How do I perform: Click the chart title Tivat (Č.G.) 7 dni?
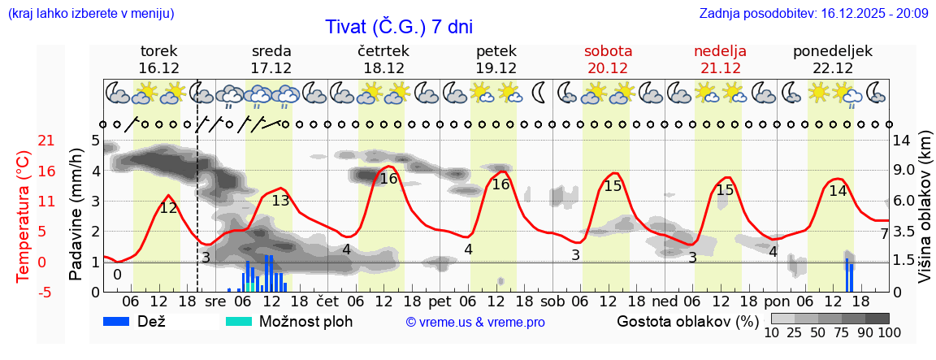tap(398, 27)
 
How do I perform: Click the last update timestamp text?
tap(813, 13)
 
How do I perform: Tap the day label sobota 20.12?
tap(608, 59)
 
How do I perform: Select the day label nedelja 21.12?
tap(720, 59)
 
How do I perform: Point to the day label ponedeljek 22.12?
tap(833, 59)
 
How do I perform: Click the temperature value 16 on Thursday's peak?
tap(389, 179)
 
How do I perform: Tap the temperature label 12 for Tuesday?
tap(168, 208)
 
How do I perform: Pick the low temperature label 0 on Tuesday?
tap(117, 275)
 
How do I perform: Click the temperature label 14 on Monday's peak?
tap(838, 191)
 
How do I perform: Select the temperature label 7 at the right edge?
tap(885, 234)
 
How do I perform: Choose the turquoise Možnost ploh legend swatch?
tap(239, 321)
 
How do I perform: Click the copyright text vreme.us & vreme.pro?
tap(475, 322)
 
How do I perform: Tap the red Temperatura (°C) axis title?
tap(24, 216)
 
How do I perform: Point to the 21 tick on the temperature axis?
tap(24, 141)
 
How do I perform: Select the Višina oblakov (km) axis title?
tap(925, 216)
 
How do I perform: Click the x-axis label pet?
tap(452, 300)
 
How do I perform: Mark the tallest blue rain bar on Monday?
tap(847, 275)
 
